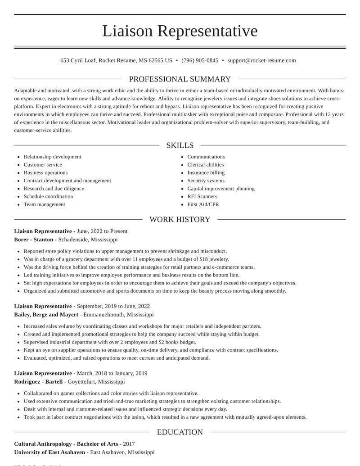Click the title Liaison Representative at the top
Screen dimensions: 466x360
pos(180,31)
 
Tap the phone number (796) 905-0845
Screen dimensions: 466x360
pos(200,60)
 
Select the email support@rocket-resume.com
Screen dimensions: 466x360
pos(261,60)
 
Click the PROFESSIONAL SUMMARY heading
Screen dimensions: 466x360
pos(180,79)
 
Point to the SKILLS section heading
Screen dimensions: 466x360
pos(180,145)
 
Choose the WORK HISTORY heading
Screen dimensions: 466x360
pos(180,220)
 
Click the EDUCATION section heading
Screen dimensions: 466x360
pos(180,432)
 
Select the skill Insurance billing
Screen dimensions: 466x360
pos(206,173)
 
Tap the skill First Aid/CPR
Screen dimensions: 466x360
pos(203,204)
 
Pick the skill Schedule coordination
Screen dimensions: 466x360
pos(48,197)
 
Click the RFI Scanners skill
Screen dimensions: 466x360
pos(202,197)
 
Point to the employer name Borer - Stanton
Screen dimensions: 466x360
pos(34,240)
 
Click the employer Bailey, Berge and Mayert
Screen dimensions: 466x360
pos(46,315)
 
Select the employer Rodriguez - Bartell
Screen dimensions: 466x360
pos(38,382)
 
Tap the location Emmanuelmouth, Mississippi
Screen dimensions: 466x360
pos(118,315)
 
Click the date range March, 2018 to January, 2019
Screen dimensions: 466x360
pos(112,373)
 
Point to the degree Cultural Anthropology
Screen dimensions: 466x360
pos(43,444)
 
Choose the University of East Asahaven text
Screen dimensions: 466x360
pos(49,452)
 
